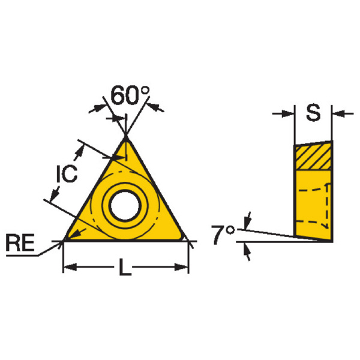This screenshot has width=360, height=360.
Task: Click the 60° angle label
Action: click(130, 95)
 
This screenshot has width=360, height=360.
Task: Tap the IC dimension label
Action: click(67, 173)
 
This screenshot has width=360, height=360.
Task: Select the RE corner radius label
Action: click(20, 242)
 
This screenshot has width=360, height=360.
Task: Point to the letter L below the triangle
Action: click(125, 267)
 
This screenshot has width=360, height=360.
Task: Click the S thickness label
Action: click(313, 113)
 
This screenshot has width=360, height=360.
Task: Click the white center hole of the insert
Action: click(125, 205)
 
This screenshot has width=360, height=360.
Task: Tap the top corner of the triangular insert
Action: click(126, 137)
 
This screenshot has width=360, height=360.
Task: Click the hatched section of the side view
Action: click(313, 156)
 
